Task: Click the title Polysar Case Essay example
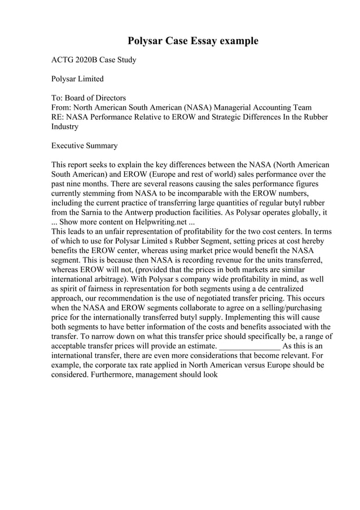(x=192, y=41)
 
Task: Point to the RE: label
(x=58, y=117)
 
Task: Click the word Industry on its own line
(x=65, y=127)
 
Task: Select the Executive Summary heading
(x=85, y=146)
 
